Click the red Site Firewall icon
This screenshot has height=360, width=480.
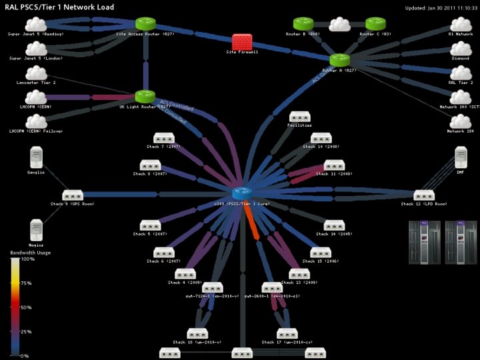click(241, 42)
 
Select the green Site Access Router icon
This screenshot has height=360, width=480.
click(145, 25)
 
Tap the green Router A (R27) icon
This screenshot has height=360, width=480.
click(339, 61)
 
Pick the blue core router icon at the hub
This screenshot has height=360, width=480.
click(241, 193)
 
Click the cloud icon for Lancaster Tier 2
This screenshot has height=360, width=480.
click(36, 73)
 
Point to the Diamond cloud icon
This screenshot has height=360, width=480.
click(460, 49)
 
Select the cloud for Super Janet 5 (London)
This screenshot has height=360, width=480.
click(36, 49)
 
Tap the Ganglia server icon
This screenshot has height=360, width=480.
click(36, 159)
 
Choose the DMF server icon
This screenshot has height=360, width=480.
click(460, 158)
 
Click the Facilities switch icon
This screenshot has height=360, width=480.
click(299, 117)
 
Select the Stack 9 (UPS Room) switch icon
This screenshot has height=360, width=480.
click(73, 195)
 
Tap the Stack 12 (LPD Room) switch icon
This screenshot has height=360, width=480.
click(423, 195)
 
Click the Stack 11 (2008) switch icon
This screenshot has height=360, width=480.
click(333, 165)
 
